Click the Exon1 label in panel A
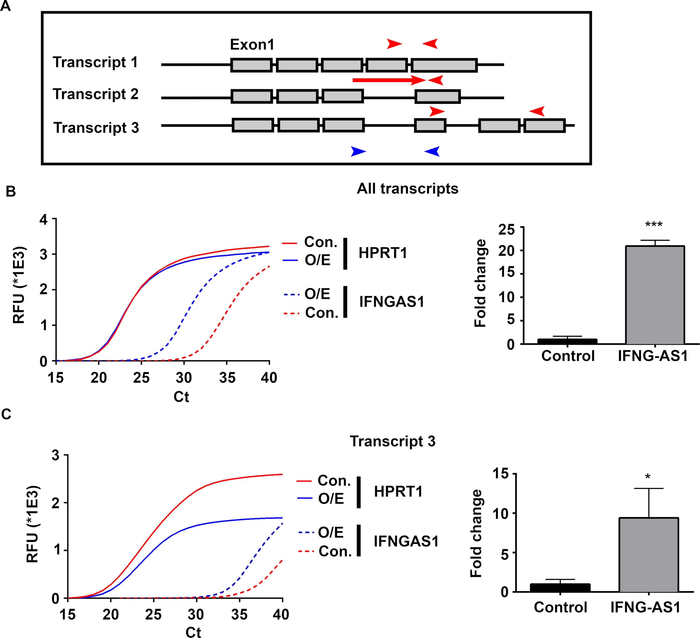(252, 44)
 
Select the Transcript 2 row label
(95, 94)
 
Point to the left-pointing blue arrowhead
(432, 152)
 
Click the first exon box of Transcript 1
(251, 65)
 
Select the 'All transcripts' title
(407, 189)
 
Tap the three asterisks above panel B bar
(654, 224)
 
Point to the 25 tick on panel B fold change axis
(506, 229)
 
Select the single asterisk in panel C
(647, 477)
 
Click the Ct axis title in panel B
(181, 397)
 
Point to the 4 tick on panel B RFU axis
(43, 219)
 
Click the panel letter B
(11, 191)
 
